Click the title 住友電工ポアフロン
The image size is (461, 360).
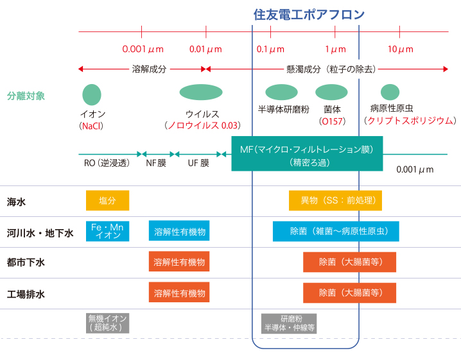(x=309, y=14)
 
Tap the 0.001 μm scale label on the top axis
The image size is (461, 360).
(x=143, y=49)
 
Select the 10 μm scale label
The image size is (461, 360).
(x=400, y=49)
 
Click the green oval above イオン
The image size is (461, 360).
(x=92, y=94)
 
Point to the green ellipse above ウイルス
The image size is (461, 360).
(x=201, y=92)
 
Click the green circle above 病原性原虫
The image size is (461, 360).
(x=390, y=92)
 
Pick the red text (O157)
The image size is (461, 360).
(x=332, y=121)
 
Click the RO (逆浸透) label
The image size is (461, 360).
(x=107, y=163)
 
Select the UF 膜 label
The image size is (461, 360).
(x=198, y=163)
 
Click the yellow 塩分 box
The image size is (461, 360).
(x=107, y=201)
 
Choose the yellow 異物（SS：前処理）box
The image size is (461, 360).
(x=336, y=201)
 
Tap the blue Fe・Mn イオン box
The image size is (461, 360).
(x=107, y=231)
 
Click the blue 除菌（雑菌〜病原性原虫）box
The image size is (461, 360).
(x=336, y=231)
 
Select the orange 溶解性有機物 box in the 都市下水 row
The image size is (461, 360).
(x=180, y=262)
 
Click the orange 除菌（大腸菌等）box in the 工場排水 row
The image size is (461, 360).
(x=349, y=293)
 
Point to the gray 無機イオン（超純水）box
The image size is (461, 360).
(x=107, y=323)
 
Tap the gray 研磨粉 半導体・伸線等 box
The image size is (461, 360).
(x=289, y=323)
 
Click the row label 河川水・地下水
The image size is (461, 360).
(x=40, y=232)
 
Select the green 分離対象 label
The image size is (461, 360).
(x=26, y=96)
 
